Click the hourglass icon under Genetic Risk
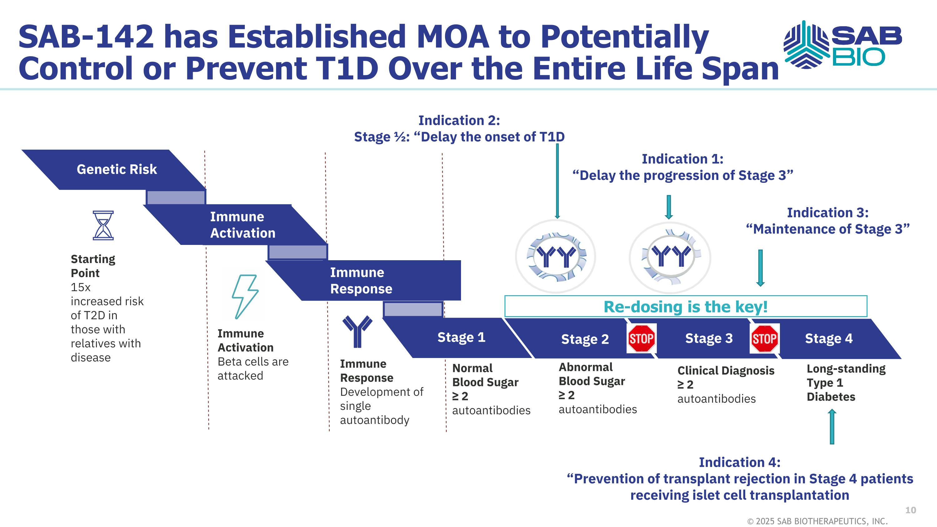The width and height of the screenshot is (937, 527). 103,225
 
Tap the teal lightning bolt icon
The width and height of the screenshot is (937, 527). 245,296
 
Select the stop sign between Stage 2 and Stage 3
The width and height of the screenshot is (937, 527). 641,338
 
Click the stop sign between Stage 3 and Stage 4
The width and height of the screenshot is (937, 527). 764,339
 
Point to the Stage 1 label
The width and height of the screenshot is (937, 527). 461,337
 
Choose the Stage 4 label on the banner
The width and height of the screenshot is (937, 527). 829,339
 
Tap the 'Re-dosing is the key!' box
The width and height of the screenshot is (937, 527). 686,306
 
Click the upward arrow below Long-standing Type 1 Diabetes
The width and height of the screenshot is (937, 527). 832,427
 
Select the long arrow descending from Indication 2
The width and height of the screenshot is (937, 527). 557,181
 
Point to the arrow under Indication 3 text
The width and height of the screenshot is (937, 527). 760,268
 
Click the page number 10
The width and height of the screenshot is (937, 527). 910,510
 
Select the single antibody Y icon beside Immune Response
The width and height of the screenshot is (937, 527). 357,331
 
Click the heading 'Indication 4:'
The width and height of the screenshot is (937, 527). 740,462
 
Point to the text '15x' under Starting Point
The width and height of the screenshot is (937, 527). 80,287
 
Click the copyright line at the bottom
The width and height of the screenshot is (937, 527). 817,521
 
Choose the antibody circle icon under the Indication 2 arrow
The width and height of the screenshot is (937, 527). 555,256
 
